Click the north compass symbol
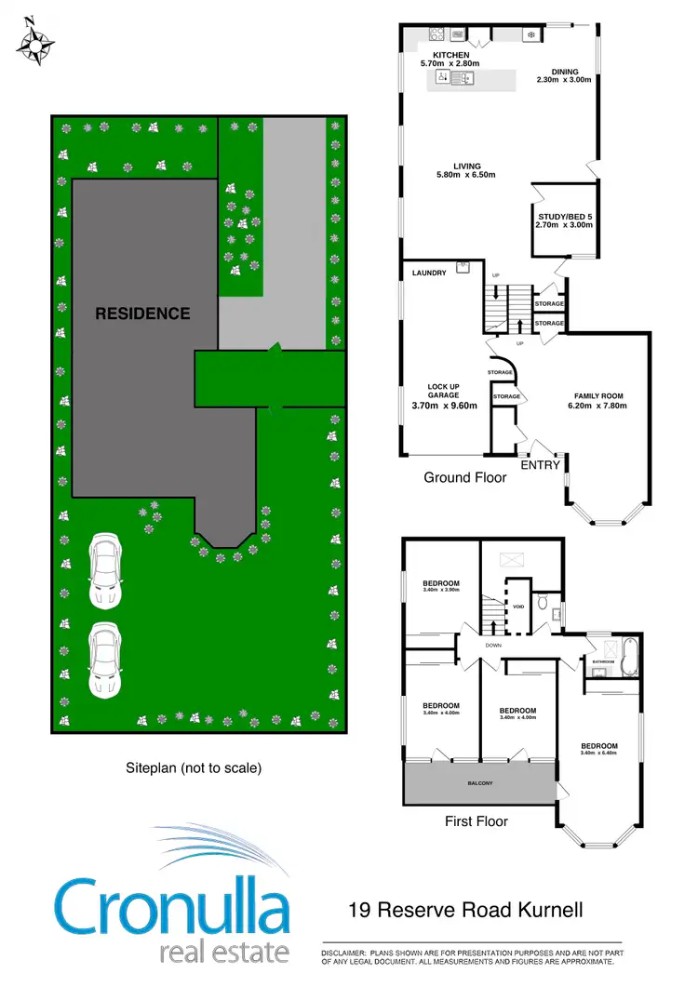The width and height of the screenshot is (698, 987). tap(34, 41)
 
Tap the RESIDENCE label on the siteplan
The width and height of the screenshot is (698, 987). tap(142, 313)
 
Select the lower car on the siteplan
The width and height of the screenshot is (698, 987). tap(103, 660)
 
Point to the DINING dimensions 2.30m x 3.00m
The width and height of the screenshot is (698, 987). tap(564, 80)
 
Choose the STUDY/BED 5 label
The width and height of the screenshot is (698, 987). tap(564, 216)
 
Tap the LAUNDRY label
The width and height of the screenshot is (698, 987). tap(429, 273)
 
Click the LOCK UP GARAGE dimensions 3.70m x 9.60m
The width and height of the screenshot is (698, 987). tap(444, 405)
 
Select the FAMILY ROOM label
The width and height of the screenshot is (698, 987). tap(598, 395)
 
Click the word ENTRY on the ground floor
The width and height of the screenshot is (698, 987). tap(540, 463)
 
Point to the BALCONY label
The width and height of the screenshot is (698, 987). tap(479, 784)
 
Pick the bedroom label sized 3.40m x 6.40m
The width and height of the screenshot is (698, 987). tap(599, 746)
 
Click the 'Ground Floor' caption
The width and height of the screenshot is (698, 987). tap(464, 477)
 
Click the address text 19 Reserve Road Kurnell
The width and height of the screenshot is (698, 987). tap(465, 909)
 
